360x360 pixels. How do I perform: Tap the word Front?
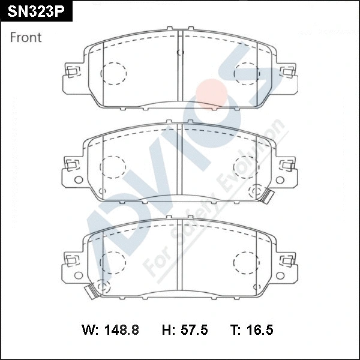coord(26,37)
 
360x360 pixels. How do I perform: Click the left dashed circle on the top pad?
coord(113,73)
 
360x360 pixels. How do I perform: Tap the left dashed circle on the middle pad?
coord(113,167)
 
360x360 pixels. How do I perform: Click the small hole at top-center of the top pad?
coord(179,53)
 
